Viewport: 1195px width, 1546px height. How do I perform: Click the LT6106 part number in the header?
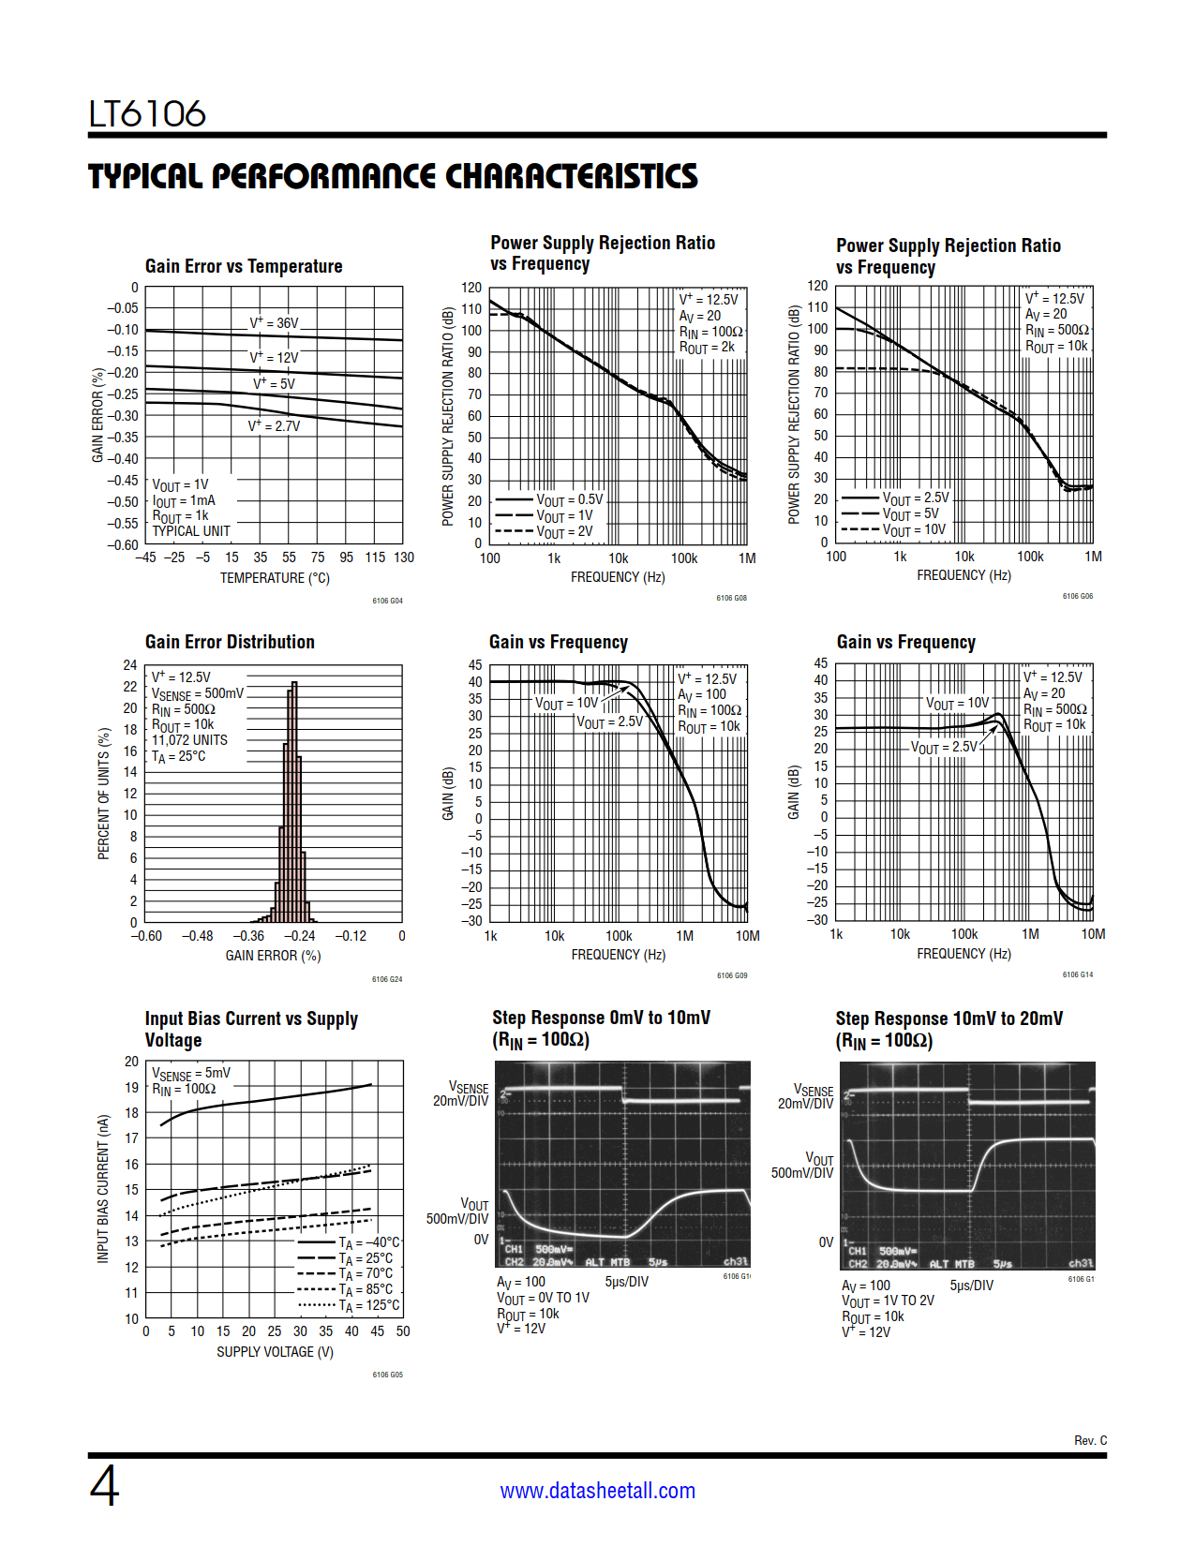pos(147,114)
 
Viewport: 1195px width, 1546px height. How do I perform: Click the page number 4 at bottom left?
pos(104,1486)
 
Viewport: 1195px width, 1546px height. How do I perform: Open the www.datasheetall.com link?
pos(597,1491)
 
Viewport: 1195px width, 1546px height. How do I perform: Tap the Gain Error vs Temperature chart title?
pos(244,267)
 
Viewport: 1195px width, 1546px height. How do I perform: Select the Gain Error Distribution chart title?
pos(230,643)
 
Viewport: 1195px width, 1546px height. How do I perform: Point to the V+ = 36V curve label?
pos(274,323)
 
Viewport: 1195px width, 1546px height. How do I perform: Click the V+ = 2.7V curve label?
pos(274,426)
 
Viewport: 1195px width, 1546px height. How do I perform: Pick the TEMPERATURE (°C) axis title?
pos(275,578)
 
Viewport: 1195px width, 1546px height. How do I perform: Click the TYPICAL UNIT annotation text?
pos(191,531)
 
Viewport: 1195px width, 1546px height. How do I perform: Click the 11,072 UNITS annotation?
pos(189,740)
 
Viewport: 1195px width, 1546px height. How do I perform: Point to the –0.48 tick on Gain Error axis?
pos(197,936)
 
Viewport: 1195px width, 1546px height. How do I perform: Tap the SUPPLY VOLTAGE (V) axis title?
pos(275,1352)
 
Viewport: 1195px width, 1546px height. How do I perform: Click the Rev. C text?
pos(1090,1440)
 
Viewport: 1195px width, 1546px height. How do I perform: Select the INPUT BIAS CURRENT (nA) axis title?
pos(103,1189)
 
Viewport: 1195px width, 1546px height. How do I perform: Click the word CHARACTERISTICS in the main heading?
pos(571,177)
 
